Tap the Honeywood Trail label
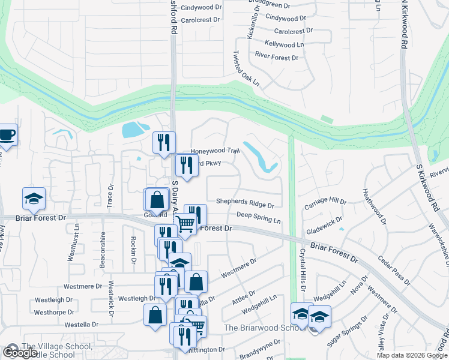214,151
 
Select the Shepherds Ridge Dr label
245,204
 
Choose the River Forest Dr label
277,58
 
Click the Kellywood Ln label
284,44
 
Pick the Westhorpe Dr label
53,313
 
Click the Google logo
20,353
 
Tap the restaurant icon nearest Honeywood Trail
164,142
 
